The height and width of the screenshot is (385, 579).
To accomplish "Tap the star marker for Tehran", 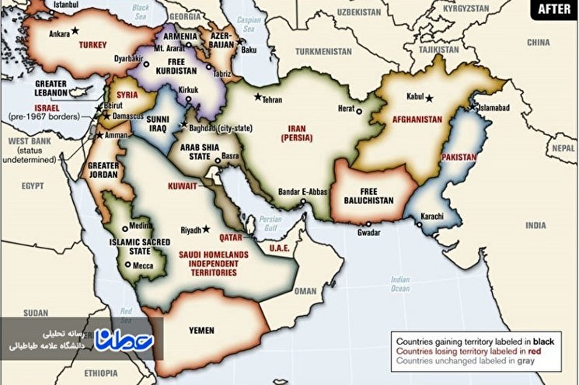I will point(256,98).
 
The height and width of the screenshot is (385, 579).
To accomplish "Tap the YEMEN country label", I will point(201,330).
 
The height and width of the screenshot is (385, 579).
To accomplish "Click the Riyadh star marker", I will point(206,229).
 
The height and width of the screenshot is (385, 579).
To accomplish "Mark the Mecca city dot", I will point(127,265).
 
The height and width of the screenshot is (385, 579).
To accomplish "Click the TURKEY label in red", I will point(92,45).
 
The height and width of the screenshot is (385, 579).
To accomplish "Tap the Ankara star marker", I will point(75,30).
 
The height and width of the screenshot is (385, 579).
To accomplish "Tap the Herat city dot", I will point(358,111).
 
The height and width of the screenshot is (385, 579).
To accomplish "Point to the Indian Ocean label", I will point(399,284).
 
